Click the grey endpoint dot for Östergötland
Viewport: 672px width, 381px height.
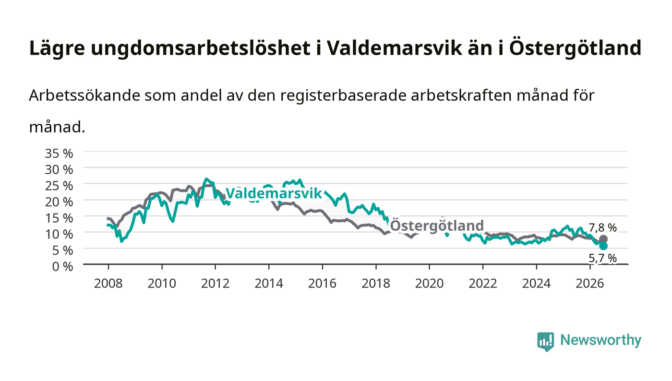603,239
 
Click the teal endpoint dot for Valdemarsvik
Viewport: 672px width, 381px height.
603,246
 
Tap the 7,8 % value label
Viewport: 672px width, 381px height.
602,228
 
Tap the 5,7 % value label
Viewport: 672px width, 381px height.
602,258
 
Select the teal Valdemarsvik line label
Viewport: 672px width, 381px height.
274,193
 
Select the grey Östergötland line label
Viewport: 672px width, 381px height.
437,226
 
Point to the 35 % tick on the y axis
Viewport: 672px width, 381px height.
59,154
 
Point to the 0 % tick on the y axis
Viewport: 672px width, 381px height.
62,266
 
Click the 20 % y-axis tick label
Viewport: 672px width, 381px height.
59,202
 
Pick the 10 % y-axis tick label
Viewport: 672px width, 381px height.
59,234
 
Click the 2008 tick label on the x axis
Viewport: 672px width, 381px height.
108,284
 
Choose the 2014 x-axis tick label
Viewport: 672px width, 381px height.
269,284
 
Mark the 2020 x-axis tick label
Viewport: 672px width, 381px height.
429,284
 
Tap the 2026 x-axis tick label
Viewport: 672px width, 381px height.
590,284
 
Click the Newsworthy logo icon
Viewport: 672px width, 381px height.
545,342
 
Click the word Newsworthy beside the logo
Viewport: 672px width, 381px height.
600,340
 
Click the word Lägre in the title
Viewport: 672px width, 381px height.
57,48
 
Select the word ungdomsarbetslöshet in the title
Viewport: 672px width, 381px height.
201,48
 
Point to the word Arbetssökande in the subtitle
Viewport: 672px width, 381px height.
84,95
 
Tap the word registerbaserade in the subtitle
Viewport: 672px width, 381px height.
343,96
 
